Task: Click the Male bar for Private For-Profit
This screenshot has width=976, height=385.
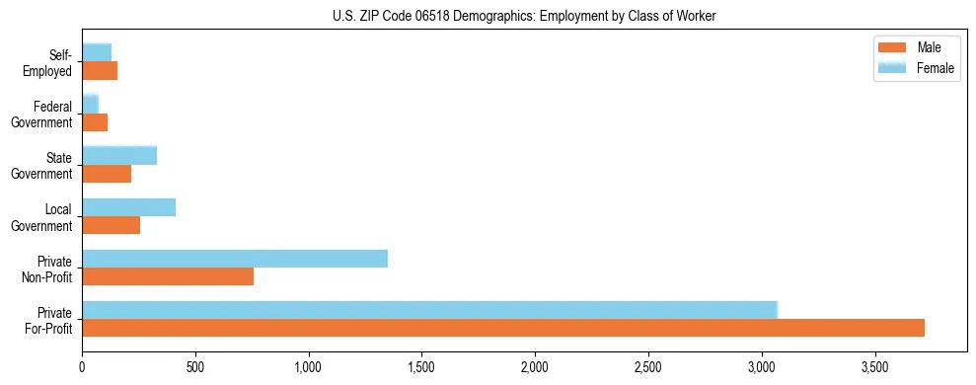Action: pyautogui.click(x=503, y=328)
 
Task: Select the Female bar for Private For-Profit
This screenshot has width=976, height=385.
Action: pyautogui.click(x=429, y=310)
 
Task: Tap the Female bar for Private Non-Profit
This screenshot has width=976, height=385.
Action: pyautogui.click(x=235, y=259)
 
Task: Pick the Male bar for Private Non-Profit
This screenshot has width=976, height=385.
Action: pyautogui.click(x=168, y=276)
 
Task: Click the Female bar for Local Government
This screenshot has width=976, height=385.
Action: pyautogui.click(x=129, y=207)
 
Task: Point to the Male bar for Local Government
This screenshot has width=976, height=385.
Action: pyautogui.click(x=112, y=225)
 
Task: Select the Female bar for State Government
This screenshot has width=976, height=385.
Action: pyautogui.click(x=119, y=155)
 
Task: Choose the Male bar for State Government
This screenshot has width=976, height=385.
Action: pyautogui.click(x=107, y=174)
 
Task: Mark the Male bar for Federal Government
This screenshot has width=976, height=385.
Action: pyautogui.click(x=95, y=122)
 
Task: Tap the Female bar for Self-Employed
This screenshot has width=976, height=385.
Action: pyautogui.click(x=97, y=52)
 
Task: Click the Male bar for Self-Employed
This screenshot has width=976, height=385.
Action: pyautogui.click(x=100, y=71)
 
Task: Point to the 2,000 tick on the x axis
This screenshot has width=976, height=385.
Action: pyautogui.click(x=535, y=366)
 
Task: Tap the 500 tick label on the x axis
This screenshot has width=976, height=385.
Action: pyautogui.click(x=195, y=366)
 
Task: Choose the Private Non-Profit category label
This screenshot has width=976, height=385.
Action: pyautogui.click(x=48, y=269)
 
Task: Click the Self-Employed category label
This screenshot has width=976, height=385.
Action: pyautogui.click(x=49, y=63)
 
